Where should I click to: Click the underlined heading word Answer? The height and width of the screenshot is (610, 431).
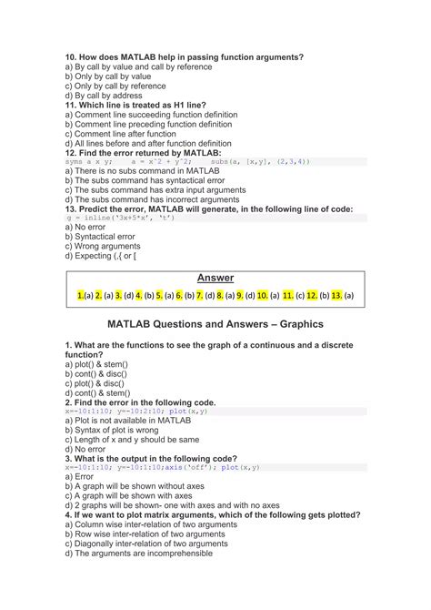pyautogui.click(x=215, y=278)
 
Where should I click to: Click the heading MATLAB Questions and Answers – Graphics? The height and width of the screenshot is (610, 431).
pyautogui.click(x=215, y=323)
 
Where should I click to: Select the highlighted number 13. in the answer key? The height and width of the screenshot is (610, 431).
pyautogui.click(x=336, y=296)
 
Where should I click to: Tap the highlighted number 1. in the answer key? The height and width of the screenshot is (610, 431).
pyautogui.click(x=81, y=296)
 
